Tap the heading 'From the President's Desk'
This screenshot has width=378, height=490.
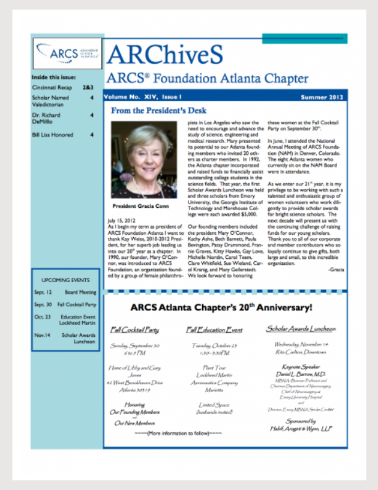click(158, 110)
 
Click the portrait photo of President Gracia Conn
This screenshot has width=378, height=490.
click(144, 159)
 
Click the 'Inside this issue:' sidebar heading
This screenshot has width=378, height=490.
click(54, 77)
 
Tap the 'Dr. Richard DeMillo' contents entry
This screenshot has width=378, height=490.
click(47, 118)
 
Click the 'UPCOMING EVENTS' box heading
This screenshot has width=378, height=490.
click(66, 280)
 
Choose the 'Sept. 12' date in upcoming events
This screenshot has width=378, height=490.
click(42, 292)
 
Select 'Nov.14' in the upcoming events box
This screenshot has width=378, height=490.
click(41, 335)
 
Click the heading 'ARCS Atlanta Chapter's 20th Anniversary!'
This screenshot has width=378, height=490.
click(221, 309)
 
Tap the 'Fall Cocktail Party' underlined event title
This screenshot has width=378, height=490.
click(135, 330)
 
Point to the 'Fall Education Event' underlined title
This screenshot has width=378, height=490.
click(214, 330)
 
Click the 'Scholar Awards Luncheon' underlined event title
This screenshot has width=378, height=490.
click(301, 329)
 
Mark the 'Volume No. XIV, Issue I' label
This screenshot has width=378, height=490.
click(133, 97)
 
